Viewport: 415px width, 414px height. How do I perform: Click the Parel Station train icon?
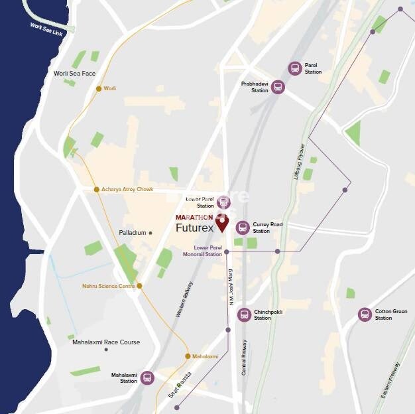click(x=295, y=68)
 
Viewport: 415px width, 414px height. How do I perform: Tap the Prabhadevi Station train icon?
click(x=278, y=87)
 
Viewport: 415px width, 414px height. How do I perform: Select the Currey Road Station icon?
click(x=243, y=228)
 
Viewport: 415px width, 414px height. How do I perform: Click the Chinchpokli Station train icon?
click(x=245, y=314)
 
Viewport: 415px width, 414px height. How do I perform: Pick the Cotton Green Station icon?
click(x=365, y=314)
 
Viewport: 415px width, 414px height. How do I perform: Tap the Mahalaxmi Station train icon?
click(x=147, y=378)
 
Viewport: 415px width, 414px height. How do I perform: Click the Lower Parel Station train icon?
click(x=224, y=202)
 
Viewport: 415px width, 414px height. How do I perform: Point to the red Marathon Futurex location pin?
click(x=222, y=224)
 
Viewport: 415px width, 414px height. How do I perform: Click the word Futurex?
click(x=195, y=228)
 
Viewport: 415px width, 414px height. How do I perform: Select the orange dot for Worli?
click(x=99, y=88)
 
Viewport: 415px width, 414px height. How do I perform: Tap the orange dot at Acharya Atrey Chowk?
click(x=97, y=189)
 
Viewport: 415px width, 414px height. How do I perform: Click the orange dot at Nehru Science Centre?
click(x=139, y=286)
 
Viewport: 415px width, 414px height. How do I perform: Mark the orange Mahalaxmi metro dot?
click(x=188, y=356)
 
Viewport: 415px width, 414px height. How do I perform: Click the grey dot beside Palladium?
click(x=150, y=233)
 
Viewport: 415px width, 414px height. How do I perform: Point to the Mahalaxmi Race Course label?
click(x=106, y=342)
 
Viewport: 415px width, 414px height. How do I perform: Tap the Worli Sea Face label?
click(x=75, y=73)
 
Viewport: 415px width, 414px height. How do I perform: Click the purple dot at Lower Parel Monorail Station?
click(x=227, y=252)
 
